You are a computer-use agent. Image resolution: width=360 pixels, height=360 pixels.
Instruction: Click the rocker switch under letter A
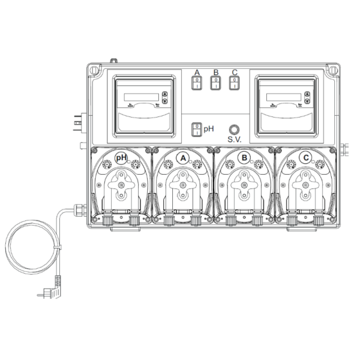tap(196, 84)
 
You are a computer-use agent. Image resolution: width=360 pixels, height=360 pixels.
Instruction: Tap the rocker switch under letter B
tap(215, 84)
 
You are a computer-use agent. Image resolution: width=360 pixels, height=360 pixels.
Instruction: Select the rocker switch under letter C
tap(234, 84)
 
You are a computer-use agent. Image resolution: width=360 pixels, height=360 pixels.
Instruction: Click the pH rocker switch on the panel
tap(196, 129)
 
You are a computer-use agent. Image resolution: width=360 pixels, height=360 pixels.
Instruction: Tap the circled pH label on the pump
tap(121, 158)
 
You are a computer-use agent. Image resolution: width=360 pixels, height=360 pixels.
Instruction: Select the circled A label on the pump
tap(182, 158)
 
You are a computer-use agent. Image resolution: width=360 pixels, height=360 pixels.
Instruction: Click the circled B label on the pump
tap(244, 158)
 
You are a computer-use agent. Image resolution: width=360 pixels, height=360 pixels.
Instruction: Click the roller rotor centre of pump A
tap(182, 186)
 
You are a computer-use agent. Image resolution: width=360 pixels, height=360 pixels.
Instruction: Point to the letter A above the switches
tap(196, 73)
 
